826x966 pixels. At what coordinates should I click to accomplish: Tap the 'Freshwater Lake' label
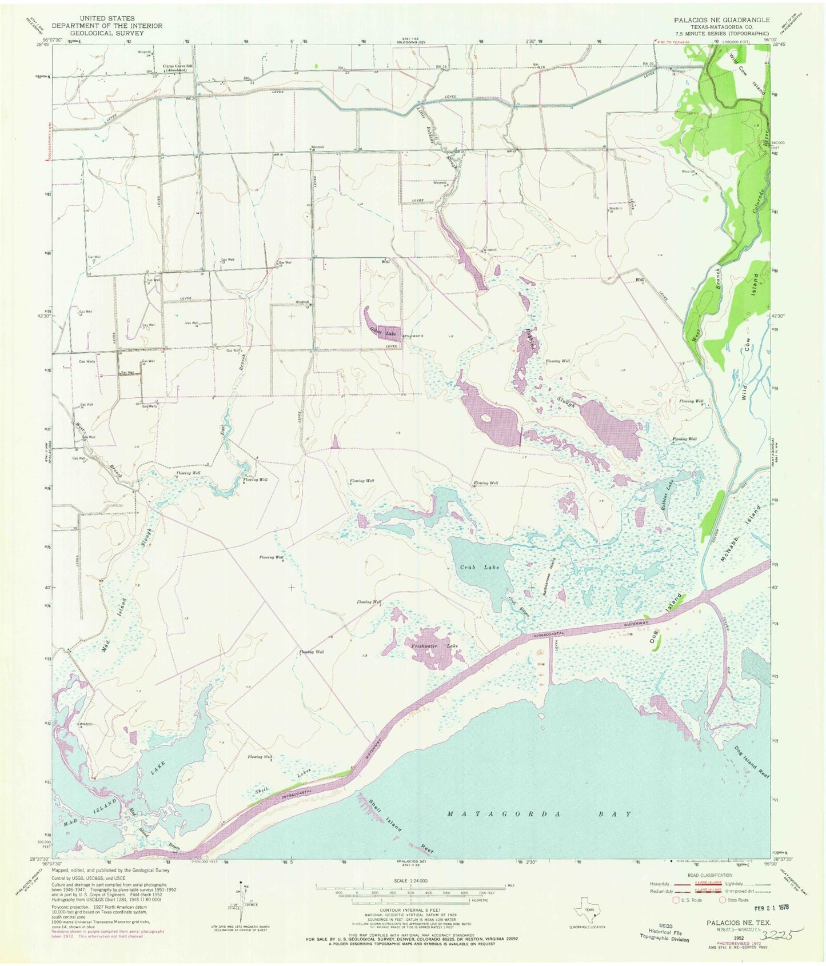(436, 646)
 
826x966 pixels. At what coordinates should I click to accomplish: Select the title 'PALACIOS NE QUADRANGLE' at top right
(721, 19)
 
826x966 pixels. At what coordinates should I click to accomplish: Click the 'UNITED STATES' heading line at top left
(107, 19)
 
